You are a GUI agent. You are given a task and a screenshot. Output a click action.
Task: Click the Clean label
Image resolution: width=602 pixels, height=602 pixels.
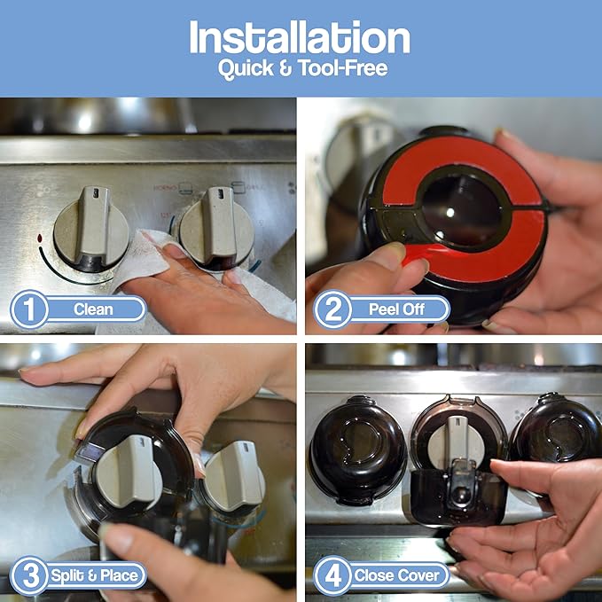click(x=93, y=309)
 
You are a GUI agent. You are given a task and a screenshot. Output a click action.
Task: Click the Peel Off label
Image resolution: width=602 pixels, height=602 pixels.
click(x=395, y=309)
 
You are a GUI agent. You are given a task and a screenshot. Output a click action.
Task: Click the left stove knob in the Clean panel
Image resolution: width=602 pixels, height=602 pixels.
click(x=91, y=229)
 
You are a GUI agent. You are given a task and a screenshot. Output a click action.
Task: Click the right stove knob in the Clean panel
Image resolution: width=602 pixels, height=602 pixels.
click(x=216, y=229)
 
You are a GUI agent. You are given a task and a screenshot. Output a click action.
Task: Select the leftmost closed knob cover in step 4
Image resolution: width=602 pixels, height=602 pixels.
click(x=356, y=447)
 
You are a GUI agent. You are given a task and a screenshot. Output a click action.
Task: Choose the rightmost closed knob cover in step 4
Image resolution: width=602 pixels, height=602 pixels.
click(x=556, y=434)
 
